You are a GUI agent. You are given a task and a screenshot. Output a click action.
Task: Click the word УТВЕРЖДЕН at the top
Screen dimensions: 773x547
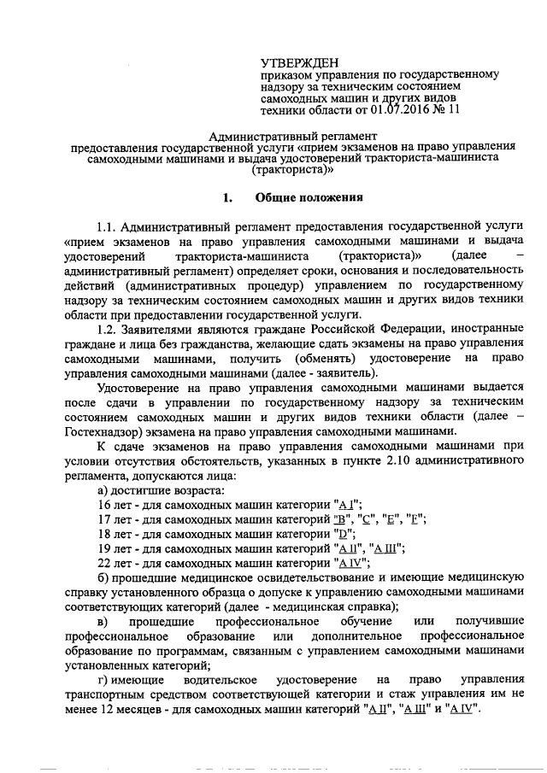(x=300, y=62)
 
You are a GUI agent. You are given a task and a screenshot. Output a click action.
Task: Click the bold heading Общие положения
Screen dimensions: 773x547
(x=310, y=198)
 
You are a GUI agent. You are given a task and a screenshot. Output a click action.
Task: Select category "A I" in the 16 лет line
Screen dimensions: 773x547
(x=346, y=505)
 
